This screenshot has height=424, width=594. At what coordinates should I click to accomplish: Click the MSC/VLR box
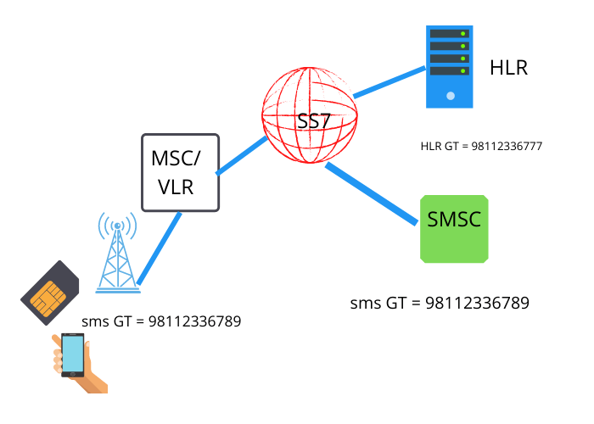click(x=180, y=172)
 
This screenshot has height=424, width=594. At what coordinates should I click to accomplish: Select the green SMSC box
click(x=455, y=226)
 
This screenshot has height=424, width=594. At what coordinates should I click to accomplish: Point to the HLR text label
click(x=508, y=68)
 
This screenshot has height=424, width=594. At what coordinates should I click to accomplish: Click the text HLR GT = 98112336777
click(x=481, y=146)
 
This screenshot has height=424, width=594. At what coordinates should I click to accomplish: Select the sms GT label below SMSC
click(x=440, y=303)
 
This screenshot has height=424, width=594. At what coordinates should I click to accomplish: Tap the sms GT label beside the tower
click(x=161, y=321)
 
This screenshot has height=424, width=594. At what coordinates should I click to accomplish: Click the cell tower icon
click(x=117, y=254)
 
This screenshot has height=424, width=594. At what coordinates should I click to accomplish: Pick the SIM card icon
click(x=50, y=288)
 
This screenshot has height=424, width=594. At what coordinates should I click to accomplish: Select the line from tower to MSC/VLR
click(x=160, y=248)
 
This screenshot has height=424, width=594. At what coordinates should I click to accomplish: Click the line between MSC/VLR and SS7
click(x=242, y=156)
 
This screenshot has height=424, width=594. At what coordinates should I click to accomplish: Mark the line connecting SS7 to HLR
click(x=388, y=81)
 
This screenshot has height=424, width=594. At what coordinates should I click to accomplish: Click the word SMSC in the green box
click(x=455, y=220)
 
